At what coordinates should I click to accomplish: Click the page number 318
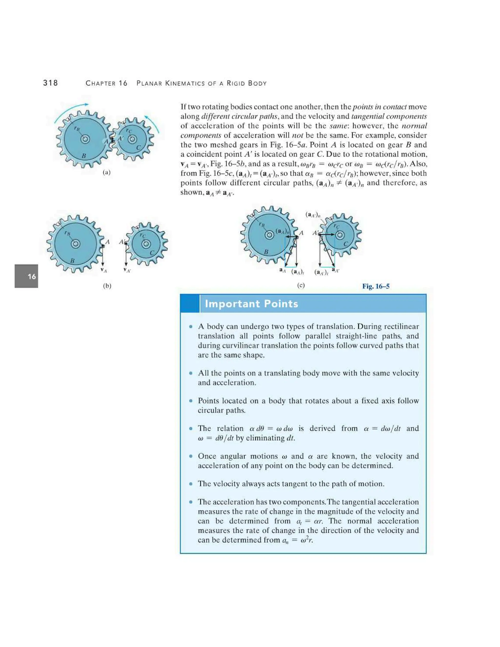click(x=50, y=83)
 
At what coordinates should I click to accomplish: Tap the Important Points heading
click(x=251, y=304)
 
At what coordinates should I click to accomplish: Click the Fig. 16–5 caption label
click(x=375, y=286)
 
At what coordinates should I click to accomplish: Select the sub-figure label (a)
click(x=107, y=172)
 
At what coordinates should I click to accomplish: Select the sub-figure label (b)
click(x=107, y=286)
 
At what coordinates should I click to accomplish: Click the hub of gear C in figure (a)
click(x=132, y=139)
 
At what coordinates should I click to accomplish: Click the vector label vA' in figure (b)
click(x=127, y=270)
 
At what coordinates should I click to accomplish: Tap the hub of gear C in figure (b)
click(x=145, y=244)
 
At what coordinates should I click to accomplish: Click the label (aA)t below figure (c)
click(x=297, y=272)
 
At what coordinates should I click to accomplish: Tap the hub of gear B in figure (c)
click(x=270, y=235)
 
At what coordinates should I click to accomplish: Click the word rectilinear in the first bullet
click(x=401, y=326)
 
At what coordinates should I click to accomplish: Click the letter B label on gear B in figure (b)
click(x=72, y=261)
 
